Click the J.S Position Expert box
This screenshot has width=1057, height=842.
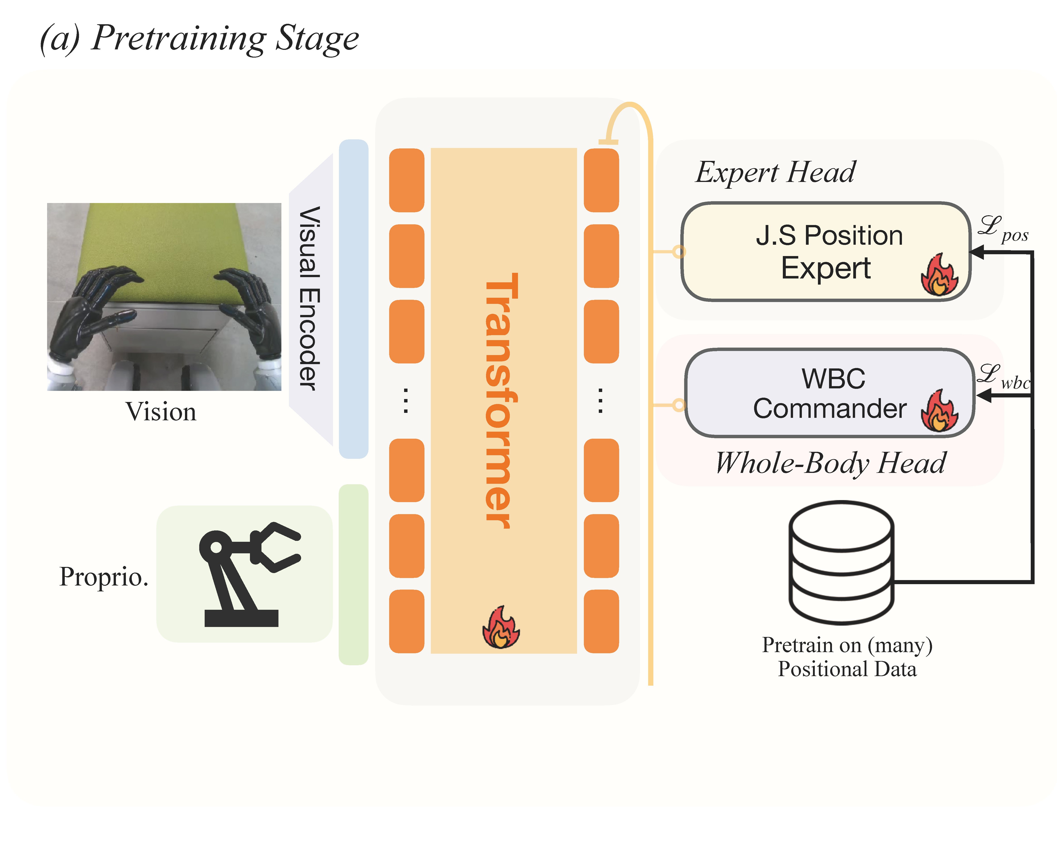[826, 251]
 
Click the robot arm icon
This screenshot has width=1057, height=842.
[248, 574]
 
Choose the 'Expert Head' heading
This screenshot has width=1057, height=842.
[776, 172]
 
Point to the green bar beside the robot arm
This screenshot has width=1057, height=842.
[353, 574]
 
